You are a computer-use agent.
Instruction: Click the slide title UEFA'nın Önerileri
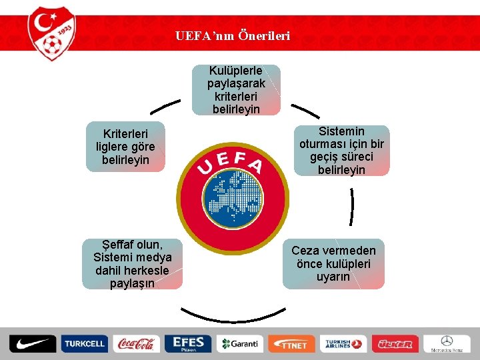click(233, 35)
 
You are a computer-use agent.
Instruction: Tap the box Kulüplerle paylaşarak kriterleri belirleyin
click(236, 90)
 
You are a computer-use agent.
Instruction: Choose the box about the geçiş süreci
click(341, 151)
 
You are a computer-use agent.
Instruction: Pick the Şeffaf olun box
click(132, 264)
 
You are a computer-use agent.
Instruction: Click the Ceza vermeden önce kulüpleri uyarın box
click(333, 263)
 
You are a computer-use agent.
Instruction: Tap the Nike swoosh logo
click(32, 344)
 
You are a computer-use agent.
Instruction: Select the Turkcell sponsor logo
click(84, 344)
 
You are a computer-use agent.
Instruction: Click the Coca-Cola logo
click(136, 344)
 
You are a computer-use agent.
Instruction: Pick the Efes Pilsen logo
click(188, 344)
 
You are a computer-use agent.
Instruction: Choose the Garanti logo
click(240, 344)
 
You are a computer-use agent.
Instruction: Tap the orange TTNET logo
click(291, 344)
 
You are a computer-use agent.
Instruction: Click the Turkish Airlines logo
click(343, 344)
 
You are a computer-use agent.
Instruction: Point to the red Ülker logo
click(395, 344)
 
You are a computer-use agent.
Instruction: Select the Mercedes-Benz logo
click(447, 344)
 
